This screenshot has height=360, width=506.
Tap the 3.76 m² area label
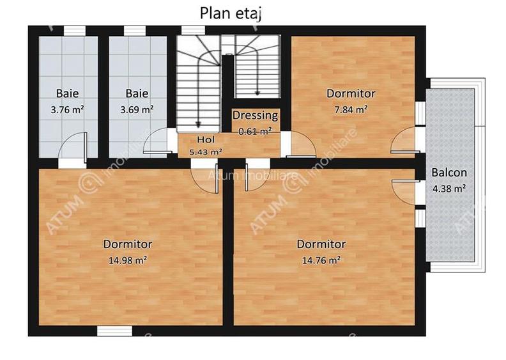pos(68,109)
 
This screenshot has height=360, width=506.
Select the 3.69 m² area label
pos(137,109)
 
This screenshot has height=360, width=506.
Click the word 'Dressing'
pos(255,116)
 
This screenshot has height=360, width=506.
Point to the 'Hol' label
pos(206,139)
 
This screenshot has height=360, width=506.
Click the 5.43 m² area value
pos(206,152)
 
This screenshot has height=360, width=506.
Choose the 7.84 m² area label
pos(351,109)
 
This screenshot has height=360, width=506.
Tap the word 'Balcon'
pos(448,173)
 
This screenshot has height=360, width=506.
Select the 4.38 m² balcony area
pos(448,188)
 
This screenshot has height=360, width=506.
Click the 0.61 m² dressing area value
pos(255,131)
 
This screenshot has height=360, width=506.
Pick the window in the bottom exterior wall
pos(114,331)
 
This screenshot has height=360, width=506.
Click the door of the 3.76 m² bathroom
pos(72,146)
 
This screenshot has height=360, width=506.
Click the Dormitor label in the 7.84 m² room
pos(351,93)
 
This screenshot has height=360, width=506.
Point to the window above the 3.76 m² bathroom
pos(75,30)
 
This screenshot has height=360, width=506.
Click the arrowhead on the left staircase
pos(199,123)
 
